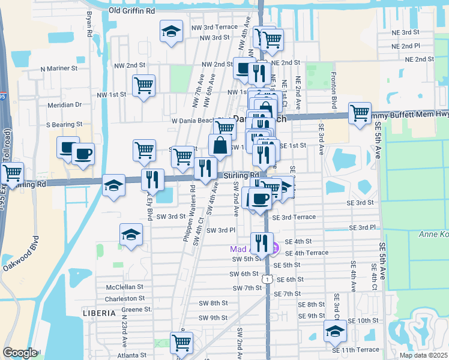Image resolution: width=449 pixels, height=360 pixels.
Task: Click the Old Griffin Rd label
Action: click(132, 11)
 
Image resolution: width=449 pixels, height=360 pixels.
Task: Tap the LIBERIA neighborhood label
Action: click(98, 313)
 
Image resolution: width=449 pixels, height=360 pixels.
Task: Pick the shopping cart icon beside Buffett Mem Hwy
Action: click(360, 113)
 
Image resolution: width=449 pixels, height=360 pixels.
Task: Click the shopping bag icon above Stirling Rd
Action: click(220, 145)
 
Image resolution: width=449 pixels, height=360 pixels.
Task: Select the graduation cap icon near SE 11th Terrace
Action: click(334, 331)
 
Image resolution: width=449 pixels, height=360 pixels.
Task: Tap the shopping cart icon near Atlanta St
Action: click(181, 343)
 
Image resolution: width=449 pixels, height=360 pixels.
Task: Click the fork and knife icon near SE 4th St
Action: click(262, 243)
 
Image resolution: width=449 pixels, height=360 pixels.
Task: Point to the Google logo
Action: click(20, 353)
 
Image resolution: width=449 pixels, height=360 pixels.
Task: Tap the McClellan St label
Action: click(125, 287)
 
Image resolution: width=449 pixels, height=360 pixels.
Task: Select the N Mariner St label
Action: click(59, 68)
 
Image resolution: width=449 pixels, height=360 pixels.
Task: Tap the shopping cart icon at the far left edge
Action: click(11, 173)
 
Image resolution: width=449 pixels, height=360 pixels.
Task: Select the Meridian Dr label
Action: click(65, 104)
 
